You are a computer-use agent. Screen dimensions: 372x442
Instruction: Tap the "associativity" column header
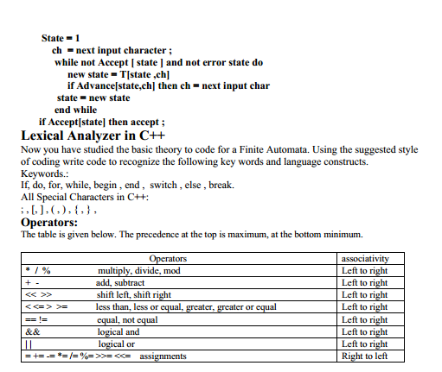pos(365,258)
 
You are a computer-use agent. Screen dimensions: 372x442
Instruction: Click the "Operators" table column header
pos(168,258)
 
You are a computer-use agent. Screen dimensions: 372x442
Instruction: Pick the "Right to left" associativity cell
pos(365,356)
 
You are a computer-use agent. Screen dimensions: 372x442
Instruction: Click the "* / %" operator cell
pos(38,270)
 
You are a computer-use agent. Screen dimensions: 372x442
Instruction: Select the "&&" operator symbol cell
pos(34,331)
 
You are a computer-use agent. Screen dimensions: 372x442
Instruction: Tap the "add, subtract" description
pos(122,282)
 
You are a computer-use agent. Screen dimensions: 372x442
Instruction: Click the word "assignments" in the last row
pos(163,356)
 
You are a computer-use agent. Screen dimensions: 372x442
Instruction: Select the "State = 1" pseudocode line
pos(61,38)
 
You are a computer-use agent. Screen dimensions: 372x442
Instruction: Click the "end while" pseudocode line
pos(76,110)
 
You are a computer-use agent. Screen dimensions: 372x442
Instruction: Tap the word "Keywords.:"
pos(43,173)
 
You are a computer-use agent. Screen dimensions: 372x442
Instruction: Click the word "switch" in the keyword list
pos(163,186)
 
